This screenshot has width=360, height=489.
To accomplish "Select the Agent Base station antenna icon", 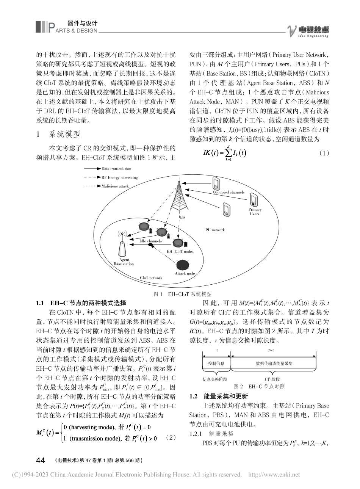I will (122, 247).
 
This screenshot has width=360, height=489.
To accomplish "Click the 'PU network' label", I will (215, 230).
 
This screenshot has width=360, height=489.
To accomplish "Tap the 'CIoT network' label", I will (151, 278).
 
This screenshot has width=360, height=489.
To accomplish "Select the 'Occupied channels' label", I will (229, 192).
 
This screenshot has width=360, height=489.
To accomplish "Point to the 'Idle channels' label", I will (150, 241).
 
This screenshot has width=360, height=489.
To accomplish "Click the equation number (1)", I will (325, 153).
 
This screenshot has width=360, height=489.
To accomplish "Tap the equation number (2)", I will (171, 437).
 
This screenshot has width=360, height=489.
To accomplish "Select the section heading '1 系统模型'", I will (62, 134).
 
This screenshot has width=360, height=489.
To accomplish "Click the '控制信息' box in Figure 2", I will (216, 364).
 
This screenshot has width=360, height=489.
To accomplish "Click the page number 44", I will (41, 460).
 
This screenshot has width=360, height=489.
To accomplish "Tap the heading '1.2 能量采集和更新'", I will (219, 396).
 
